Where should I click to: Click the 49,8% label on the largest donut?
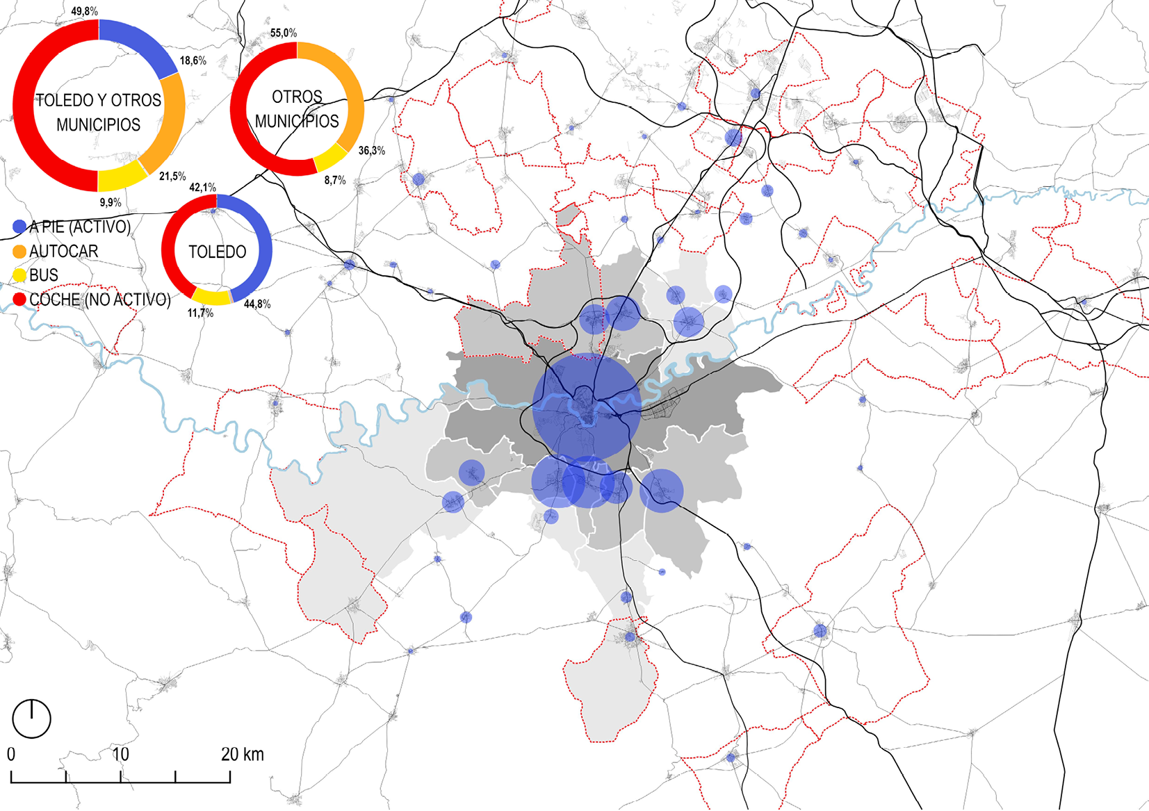[84, 11]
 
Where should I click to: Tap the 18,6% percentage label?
[193, 60]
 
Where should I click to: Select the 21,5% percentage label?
[172, 177]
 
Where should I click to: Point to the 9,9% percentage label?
[110, 202]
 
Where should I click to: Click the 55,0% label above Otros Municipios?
[284, 33]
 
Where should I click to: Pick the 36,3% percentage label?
[371, 150]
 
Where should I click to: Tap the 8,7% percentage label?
[334, 180]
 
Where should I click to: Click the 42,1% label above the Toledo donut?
[202, 187]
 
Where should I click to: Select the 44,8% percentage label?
[257, 304]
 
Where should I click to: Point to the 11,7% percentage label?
[200, 313]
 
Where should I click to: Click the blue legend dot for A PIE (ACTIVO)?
[19, 227]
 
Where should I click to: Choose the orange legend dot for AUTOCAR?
[19, 251]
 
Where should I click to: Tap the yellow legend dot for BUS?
[19, 275]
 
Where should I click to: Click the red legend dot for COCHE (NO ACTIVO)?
[19, 300]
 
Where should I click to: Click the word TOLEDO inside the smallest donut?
[217, 252]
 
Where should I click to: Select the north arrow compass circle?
[31, 719]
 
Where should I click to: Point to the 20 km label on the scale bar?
[242, 754]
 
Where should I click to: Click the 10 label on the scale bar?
[120, 754]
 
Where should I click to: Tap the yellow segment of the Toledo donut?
[211, 297]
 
